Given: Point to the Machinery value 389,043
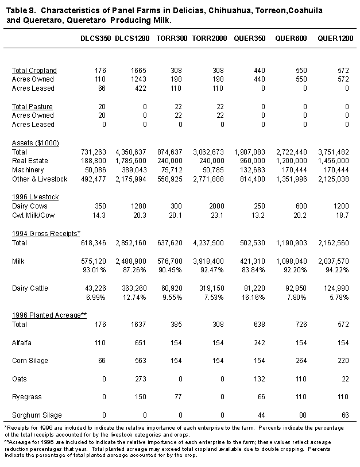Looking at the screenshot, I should (x=133, y=170).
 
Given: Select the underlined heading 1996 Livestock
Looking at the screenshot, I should (x=35, y=196).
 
